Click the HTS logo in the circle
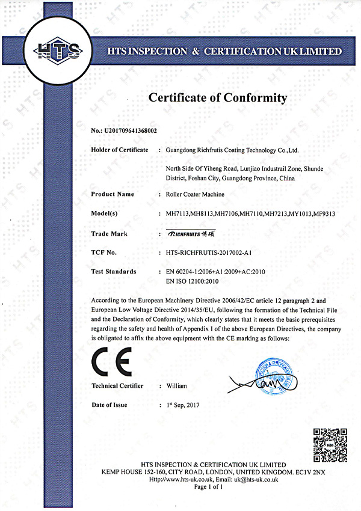58,50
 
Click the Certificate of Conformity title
218,97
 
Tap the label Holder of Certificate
120,149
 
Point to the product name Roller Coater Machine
195,194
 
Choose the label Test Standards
113,272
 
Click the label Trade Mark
109,233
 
